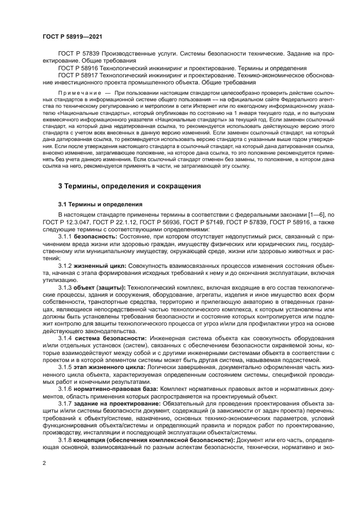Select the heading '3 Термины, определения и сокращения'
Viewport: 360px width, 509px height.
[129, 186]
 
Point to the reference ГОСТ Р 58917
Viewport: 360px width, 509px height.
[77, 75]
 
